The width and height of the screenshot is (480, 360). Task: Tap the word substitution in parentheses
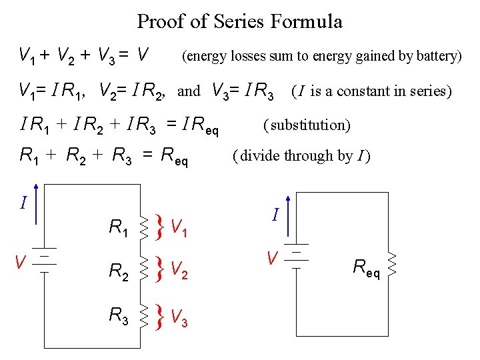point(307,125)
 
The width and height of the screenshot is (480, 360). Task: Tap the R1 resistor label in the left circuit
point(119,229)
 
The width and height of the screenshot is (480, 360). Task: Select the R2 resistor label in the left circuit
point(119,272)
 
